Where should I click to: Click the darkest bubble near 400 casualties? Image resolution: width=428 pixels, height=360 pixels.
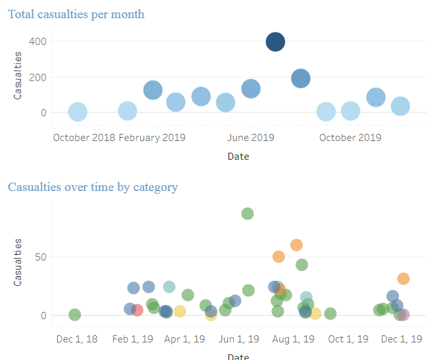point(275,42)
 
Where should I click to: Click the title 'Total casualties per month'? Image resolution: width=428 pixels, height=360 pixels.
point(76,14)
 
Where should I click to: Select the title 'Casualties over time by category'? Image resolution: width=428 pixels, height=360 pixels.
point(92,187)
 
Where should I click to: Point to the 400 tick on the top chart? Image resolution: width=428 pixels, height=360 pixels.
point(37,42)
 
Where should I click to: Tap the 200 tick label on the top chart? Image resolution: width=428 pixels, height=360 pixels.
point(37,77)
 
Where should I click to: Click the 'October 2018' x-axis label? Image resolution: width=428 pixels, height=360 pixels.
point(84,138)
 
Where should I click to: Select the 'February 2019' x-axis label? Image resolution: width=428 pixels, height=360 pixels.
point(152,138)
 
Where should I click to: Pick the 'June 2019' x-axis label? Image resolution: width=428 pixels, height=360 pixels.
point(251,138)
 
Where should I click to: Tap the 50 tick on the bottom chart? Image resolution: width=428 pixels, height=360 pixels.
point(40,257)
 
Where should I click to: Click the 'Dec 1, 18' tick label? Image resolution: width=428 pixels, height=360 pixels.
point(77,339)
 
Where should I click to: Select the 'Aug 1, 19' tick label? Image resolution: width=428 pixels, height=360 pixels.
point(293,339)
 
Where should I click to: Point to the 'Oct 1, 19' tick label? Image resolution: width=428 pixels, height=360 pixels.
point(347,339)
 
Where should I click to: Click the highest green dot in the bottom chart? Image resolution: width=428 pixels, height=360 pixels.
point(247,214)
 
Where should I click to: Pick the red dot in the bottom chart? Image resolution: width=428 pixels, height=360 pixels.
point(137,310)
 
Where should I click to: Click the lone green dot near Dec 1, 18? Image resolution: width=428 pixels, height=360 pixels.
point(75,315)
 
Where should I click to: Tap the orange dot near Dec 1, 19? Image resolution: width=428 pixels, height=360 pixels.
point(403,279)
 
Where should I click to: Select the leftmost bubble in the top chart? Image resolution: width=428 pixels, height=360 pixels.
point(77,112)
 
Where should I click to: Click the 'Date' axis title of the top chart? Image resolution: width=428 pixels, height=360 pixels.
point(238,157)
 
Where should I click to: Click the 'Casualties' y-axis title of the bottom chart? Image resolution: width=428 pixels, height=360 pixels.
point(18,262)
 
